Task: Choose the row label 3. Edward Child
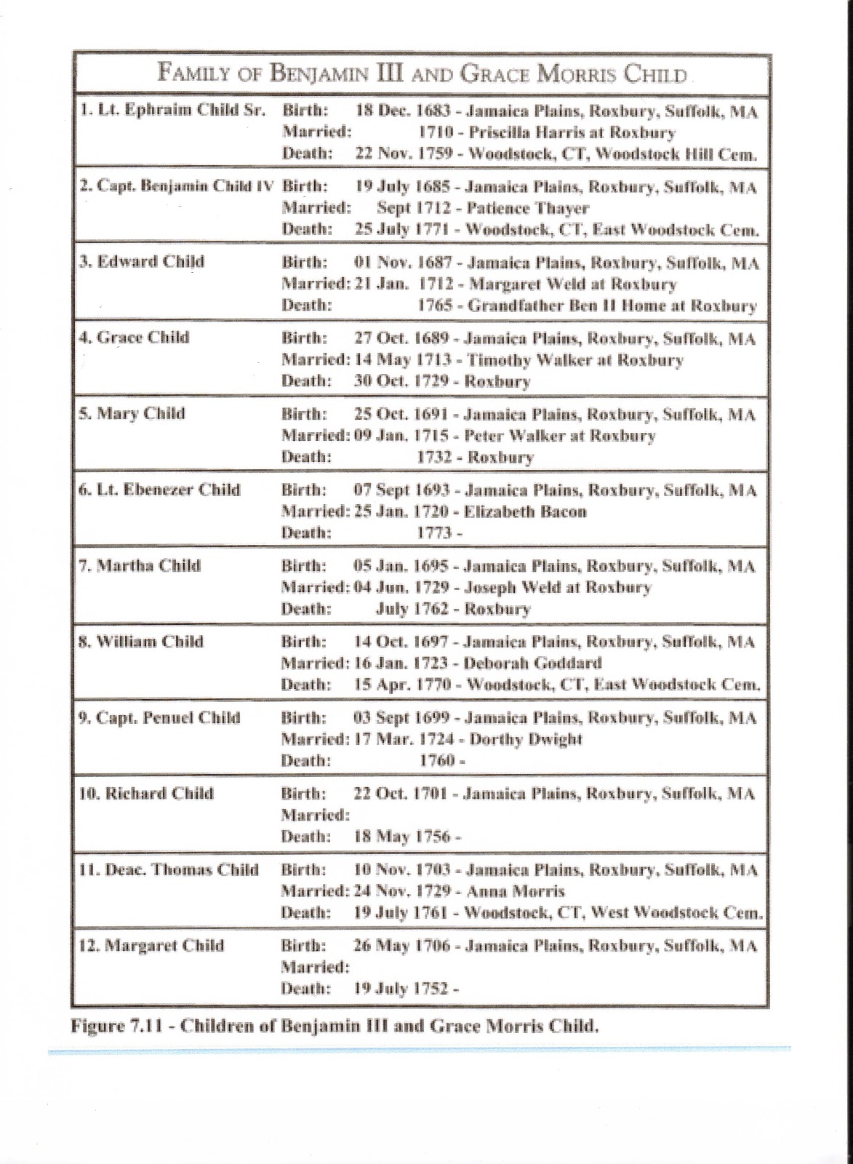pos(142,262)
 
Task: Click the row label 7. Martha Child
pos(140,566)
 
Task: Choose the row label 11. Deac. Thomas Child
pos(169,870)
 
